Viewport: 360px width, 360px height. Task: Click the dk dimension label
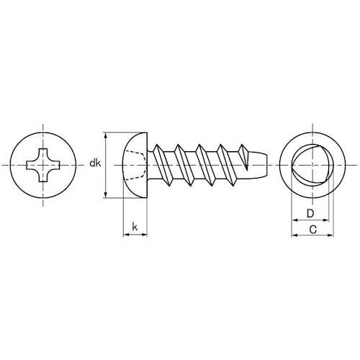click(95, 165)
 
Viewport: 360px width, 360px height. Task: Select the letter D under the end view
click(310, 214)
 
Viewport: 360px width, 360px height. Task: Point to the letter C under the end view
click(312, 230)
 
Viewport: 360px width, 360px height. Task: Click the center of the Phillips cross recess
click(45, 166)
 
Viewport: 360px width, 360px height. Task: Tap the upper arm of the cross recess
click(45, 153)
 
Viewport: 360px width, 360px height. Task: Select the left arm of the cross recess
click(32, 166)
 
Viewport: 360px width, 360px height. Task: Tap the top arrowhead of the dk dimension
click(107, 135)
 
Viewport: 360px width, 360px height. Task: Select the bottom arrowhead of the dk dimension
click(107, 194)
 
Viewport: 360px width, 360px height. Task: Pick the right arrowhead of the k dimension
click(145, 235)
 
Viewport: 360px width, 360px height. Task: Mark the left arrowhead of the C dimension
click(292, 235)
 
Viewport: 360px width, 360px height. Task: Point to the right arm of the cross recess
click(58, 166)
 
